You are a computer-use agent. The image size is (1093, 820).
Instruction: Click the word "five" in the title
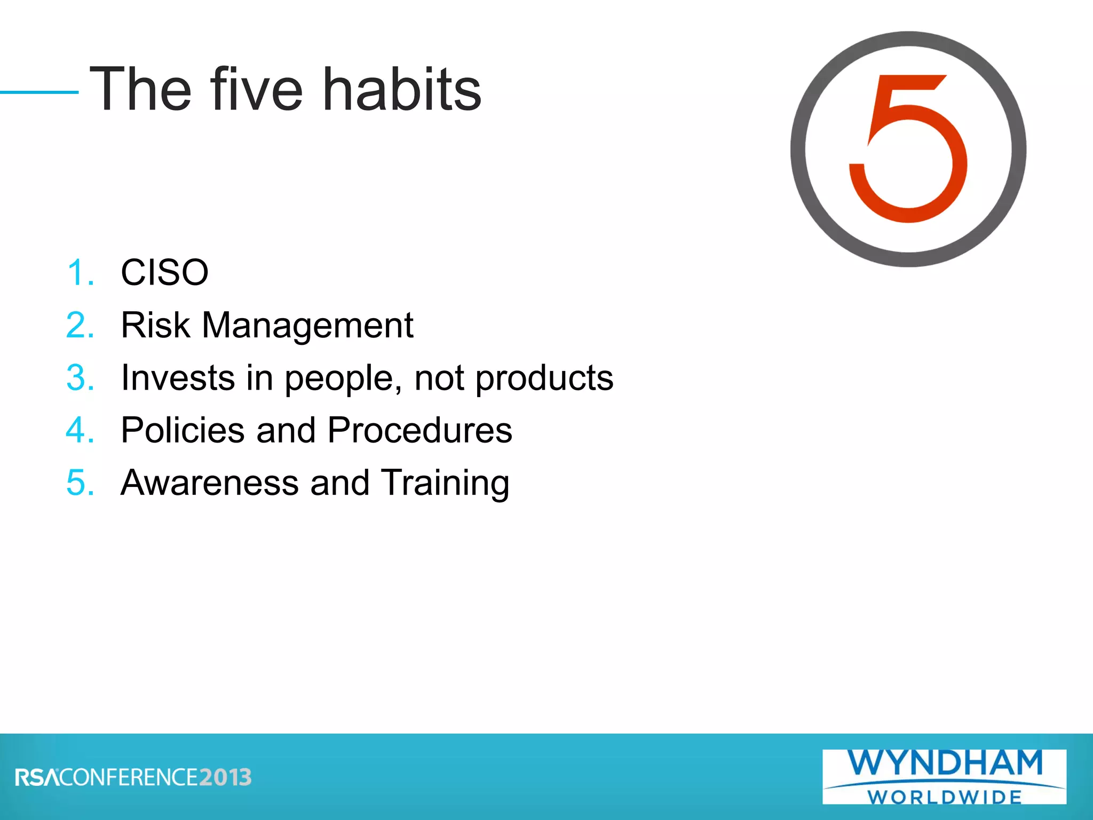point(256,89)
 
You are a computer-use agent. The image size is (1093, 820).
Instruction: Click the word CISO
point(164,272)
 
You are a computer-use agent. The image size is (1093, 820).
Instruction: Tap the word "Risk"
point(155,325)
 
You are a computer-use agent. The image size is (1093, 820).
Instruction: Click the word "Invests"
point(178,377)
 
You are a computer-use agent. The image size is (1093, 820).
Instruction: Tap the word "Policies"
point(183,430)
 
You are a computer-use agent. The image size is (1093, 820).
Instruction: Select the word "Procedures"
point(419,430)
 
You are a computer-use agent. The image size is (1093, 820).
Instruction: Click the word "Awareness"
point(209,482)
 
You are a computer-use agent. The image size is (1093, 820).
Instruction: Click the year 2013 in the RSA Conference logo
point(225,777)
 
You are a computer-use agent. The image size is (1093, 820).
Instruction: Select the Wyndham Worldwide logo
point(944,777)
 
